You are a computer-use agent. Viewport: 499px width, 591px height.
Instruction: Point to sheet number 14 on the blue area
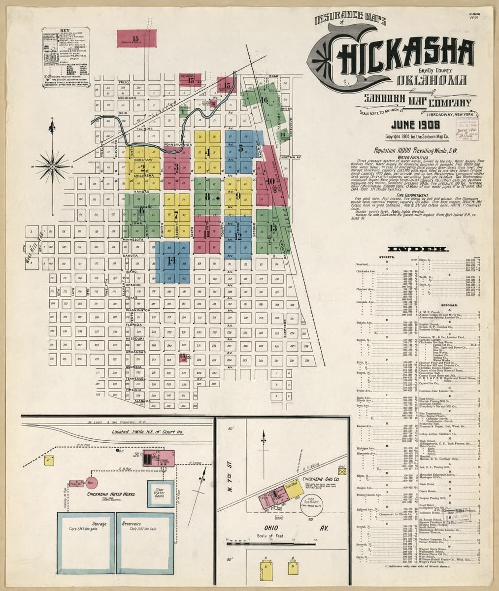(171, 260)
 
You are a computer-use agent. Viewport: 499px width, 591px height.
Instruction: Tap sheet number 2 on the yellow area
(143, 167)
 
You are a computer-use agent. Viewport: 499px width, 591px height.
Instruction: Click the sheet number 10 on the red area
(270, 181)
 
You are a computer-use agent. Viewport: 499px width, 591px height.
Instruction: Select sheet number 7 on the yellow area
(176, 214)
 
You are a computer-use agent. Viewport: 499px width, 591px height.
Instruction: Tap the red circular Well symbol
(91, 482)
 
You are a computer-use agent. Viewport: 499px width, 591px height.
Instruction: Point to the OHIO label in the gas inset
(257, 528)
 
